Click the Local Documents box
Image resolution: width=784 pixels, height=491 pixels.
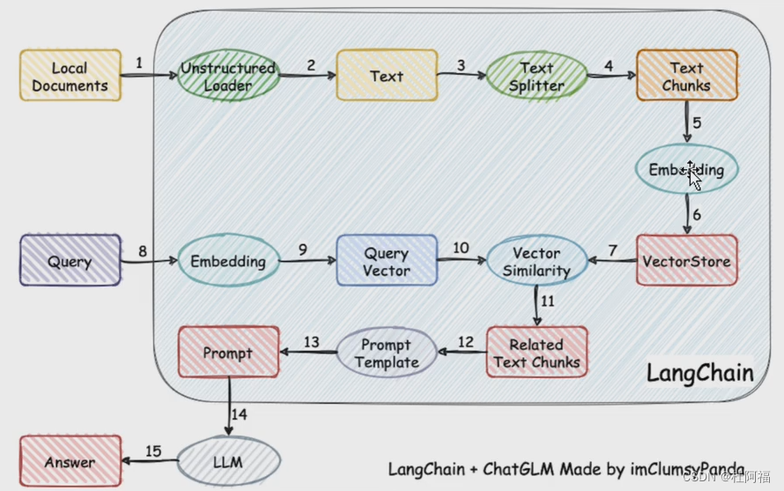pyautogui.click(x=70, y=76)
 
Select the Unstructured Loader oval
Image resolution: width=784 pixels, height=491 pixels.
pyautogui.click(x=228, y=76)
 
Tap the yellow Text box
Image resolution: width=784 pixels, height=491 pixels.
pyautogui.click(x=387, y=76)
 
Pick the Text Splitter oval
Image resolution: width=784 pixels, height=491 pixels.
pyautogui.click(x=536, y=76)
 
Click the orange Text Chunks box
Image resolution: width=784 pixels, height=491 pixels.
pyautogui.click(x=687, y=76)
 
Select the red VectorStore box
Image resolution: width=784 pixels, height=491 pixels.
pyautogui.click(x=686, y=261)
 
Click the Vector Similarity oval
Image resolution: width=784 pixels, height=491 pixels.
pyautogui.click(x=536, y=261)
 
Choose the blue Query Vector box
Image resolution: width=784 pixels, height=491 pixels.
pyautogui.click(x=387, y=261)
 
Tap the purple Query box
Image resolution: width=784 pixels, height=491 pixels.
pyautogui.click(x=70, y=261)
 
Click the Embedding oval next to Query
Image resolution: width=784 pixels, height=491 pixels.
pyautogui.click(x=228, y=261)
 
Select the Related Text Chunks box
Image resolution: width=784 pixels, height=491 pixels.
pyautogui.click(x=536, y=353)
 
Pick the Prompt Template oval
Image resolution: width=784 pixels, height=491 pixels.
pyautogui.click(x=387, y=353)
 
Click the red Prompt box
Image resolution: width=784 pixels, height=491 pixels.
pyautogui.click(x=228, y=353)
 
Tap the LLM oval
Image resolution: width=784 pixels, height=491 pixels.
pyautogui.click(x=228, y=462)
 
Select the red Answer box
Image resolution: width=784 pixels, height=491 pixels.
pyautogui.click(x=70, y=462)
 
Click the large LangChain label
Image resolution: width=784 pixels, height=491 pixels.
pyautogui.click(x=700, y=373)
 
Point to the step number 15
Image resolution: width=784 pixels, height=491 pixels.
pyautogui.click(x=153, y=452)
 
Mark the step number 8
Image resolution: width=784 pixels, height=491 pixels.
pyautogui.click(x=142, y=252)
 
